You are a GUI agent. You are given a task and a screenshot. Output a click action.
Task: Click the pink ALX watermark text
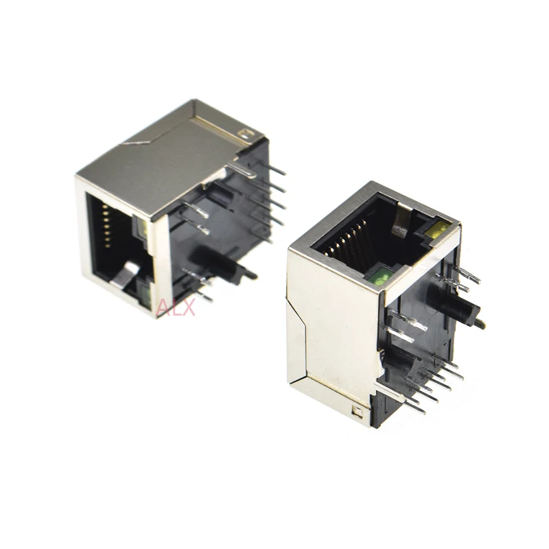pos(176,307)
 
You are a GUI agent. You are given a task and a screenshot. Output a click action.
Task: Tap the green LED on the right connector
pos(382,277)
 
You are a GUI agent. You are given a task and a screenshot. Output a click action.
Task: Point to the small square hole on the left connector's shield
pos(244,129)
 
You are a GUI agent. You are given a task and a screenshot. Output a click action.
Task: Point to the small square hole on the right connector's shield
pos(355,412)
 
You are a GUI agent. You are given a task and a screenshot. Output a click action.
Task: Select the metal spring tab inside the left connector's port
pos(122,275)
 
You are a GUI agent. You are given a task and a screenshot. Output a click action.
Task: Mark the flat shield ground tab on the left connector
pos(240,169)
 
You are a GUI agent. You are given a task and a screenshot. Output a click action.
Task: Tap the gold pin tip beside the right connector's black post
pos(481,323)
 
